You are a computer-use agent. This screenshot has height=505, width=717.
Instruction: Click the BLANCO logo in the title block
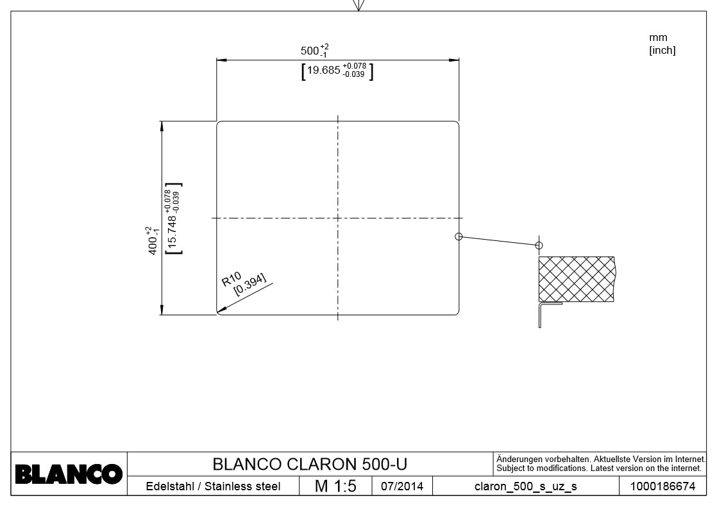tap(69, 475)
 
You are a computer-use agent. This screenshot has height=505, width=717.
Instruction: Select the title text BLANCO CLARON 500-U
tap(310, 463)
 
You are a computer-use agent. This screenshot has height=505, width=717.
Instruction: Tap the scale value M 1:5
tap(335, 486)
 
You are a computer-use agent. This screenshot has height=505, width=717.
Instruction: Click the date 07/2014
tap(401, 486)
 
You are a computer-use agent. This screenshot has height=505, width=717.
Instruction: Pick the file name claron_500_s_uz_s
tap(525, 486)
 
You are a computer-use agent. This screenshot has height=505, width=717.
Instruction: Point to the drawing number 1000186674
tap(662, 486)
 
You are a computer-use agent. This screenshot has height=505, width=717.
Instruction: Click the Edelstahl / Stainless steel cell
tap(214, 486)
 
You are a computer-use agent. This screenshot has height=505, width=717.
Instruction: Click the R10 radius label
tap(231, 280)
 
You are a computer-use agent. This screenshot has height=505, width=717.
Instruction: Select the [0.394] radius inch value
tap(250, 285)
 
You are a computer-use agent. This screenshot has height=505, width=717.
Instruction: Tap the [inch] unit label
tap(662, 50)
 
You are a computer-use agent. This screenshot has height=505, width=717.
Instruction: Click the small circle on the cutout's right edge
tap(459, 236)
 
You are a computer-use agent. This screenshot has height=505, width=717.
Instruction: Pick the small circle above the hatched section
tap(539, 245)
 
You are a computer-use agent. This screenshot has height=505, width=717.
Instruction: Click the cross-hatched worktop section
tap(575, 278)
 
